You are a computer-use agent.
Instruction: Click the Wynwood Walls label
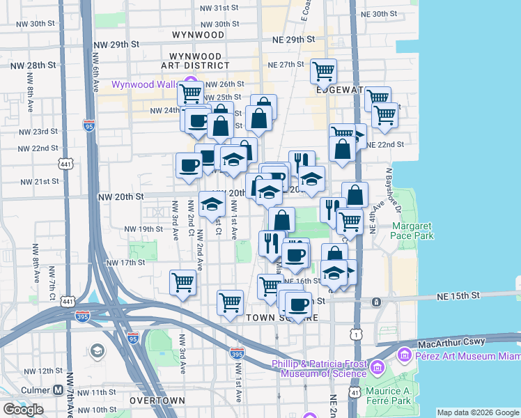pos(146,85)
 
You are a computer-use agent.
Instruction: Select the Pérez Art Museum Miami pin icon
pos(403,356)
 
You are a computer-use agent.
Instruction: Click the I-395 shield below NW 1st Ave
pos(238,354)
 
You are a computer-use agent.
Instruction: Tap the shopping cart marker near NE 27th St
pos(323,70)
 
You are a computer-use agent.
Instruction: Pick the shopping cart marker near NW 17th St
pos(182,282)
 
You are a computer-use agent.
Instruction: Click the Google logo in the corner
pos(24,410)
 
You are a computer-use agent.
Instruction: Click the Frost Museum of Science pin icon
pos(378,366)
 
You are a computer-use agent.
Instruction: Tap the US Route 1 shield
pos(357,335)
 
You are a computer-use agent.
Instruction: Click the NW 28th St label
pos(33,65)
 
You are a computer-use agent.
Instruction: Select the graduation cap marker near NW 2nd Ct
pos(212,203)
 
